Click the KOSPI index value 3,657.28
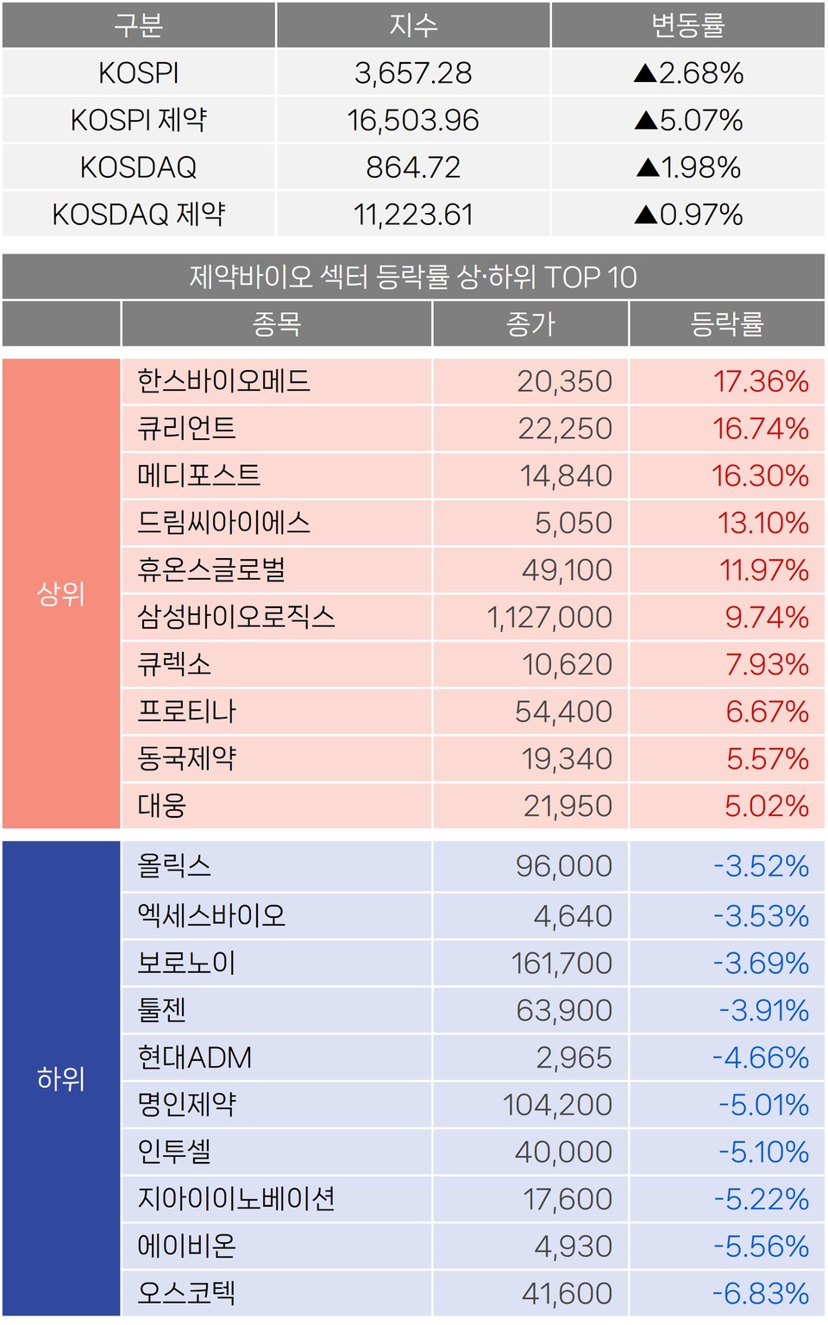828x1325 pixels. [x=413, y=73]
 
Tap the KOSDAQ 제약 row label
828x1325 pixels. [x=139, y=214]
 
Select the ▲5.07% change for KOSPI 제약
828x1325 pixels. [x=688, y=120]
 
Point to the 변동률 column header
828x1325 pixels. [x=688, y=25]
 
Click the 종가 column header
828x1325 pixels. [x=530, y=324]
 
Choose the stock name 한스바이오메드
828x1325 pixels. [x=223, y=381]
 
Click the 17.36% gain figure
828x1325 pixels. [x=761, y=381]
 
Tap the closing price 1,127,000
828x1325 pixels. [x=549, y=618]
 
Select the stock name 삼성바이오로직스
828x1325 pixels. [x=236, y=618]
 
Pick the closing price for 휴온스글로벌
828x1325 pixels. [x=567, y=570]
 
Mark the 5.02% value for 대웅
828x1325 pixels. [x=766, y=807]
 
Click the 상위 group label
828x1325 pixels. [x=61, y=593]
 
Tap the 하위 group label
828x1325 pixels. [x=61, y=1078]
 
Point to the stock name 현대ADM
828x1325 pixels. [x=195, y=1058]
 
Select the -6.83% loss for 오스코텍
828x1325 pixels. [x=761, y=1294]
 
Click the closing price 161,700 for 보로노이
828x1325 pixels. [x=561, y=964]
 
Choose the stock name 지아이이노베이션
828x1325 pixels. [x=236, y=1199]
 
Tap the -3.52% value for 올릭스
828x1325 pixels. [x=761, y=866]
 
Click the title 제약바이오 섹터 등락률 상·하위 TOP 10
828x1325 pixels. [x=413, y=278]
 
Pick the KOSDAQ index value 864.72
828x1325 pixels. [x=413, y=167]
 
